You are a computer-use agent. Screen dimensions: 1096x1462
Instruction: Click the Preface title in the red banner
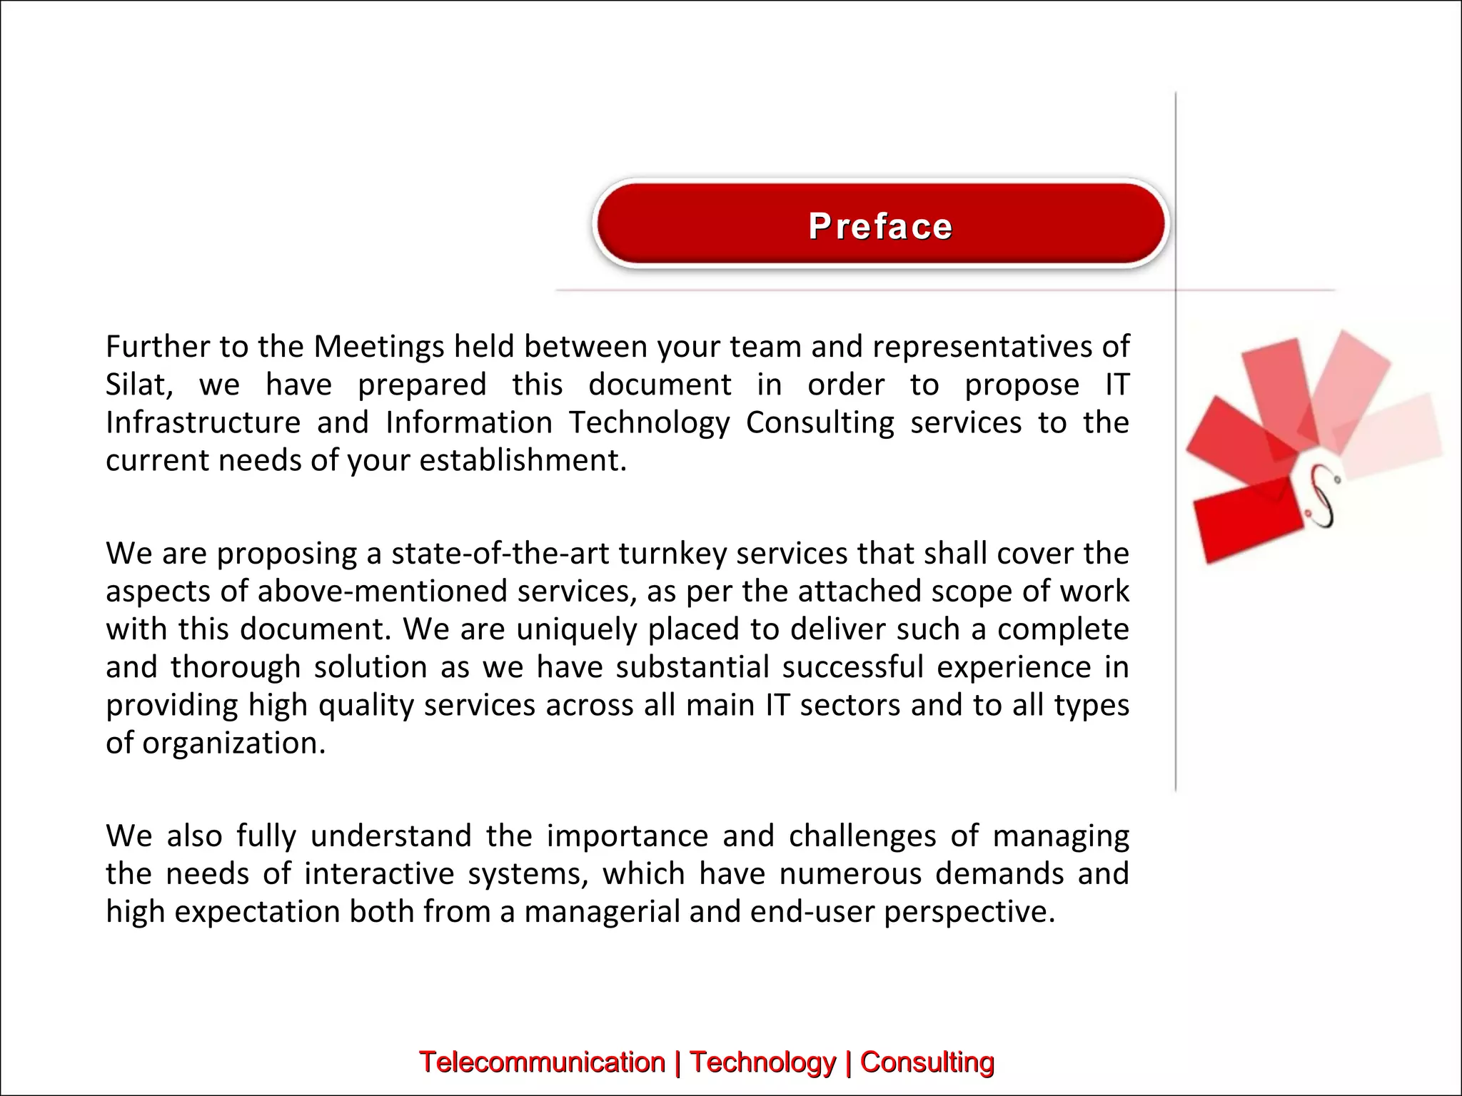point(880,227)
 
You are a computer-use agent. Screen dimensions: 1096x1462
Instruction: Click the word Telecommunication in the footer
point(542,1062)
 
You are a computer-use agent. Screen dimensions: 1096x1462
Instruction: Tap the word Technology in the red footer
point(762,1062)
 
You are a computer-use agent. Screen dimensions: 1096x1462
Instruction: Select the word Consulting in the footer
point(927,1062)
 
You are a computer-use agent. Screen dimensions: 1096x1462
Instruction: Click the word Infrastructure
point(203,422)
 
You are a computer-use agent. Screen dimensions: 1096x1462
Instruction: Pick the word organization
point(233,744)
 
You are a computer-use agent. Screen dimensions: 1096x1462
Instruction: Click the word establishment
point(523,461)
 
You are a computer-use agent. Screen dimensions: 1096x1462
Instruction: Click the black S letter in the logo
point(1323,497)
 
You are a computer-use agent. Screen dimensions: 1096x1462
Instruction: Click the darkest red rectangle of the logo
point(1246,519)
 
